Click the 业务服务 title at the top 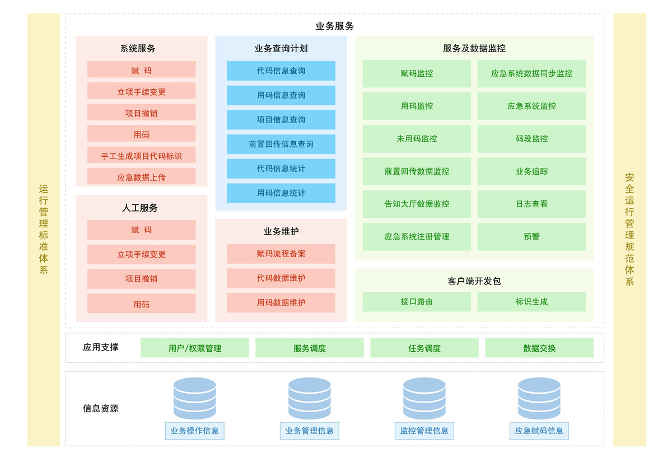tap(334, 26)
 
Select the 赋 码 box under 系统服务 tap(141, 69)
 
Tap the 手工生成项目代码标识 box tap(141, 155)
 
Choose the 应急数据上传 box tap(141, 176)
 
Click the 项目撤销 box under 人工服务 tap(141, 279)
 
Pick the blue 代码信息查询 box tap(281, 71)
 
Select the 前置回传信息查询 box tap(281, 144)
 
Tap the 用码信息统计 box tap(281, 193)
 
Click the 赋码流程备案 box tap(281, 254)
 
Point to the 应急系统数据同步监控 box tap(531, 73)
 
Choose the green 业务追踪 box tap(531, 171)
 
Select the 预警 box tap(531, 237)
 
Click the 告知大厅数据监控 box tap(417, 204)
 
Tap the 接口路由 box tap(417, 302)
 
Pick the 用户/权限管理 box tap(195, 348)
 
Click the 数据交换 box tap(539, 348)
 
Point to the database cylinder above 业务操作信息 tap(195, 398)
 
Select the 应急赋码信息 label tap(539, 431)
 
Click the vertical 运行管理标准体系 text tap(44, 230)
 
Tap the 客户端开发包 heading tap(474, 281)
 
